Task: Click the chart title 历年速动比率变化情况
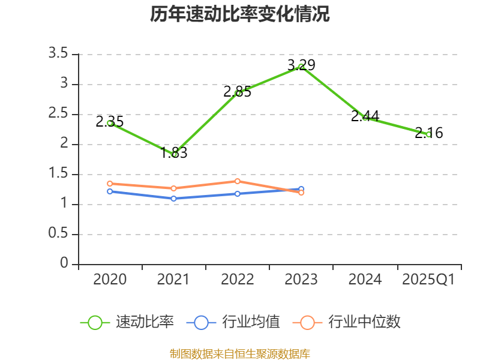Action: click(x=239, y=14)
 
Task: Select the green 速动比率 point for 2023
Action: click(x=301, y=67)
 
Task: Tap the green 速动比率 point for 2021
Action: click(x=174, y=154)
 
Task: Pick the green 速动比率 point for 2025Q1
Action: click(x=428, y=134)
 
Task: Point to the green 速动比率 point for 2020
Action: click(x=110, y=123)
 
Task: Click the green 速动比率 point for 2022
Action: click(x=238, y=93)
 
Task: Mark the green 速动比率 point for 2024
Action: click(x=365, y=118)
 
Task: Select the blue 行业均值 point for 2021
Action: click(x=174, y=199)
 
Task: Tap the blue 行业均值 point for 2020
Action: click(x=110, y=191)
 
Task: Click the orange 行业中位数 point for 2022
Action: click(x=238, y=181)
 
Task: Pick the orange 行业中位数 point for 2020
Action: click(x=110, y=184)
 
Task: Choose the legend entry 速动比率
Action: click(x=127, y=322)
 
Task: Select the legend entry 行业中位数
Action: click(x=346, y=322)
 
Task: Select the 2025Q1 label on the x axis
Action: click(x=428, y=280)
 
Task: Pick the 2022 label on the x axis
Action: click(x=238, y=280)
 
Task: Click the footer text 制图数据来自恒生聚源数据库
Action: click(x=239, y=353)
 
